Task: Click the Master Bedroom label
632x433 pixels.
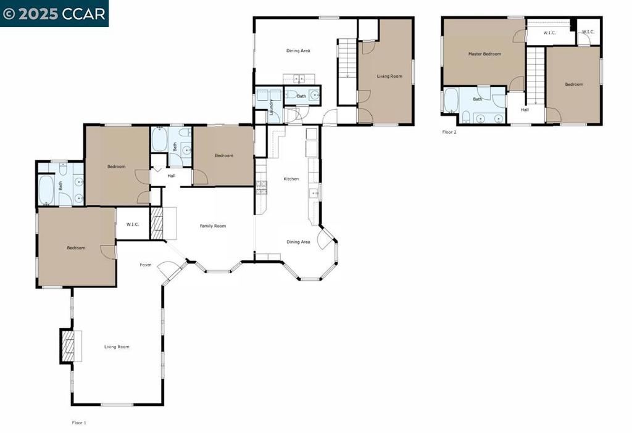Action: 484,54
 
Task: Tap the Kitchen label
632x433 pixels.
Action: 291,179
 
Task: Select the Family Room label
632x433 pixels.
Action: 213,226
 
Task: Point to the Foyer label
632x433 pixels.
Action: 146,265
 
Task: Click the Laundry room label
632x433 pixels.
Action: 272,107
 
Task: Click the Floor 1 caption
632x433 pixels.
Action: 79,423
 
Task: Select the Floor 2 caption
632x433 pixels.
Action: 449,132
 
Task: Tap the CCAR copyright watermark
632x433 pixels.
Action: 54,14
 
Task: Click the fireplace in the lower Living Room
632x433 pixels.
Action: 71,346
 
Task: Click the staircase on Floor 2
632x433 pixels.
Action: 536,76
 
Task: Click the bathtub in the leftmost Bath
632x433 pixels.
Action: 46,189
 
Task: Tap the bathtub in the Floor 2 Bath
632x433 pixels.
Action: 451,100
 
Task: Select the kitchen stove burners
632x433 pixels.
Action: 261,188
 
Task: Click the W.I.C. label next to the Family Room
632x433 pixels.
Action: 133,225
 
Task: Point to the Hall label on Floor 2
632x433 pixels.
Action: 525,110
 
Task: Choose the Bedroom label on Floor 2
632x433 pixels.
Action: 574,84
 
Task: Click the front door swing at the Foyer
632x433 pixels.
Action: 167,271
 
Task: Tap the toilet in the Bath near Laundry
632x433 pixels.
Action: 291,95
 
